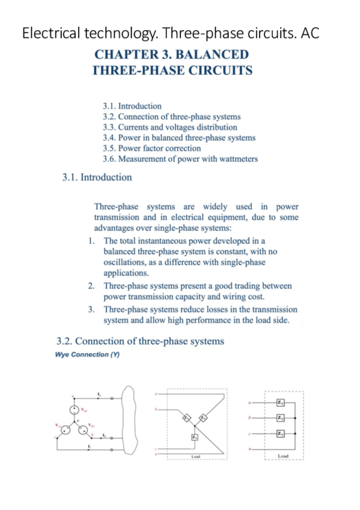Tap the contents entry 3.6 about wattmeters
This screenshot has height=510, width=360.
pyautogui.click(x=180, y=159)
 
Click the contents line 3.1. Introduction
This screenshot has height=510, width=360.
pyautogui.click(x=132, y=106)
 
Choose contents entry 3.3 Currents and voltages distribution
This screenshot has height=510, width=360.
pyautogui.click(x=170, y=127)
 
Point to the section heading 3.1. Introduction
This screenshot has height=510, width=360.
pyautogui.click(x=97, y=177)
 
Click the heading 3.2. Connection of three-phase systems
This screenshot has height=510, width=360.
pyautogui.click(x=140, y=341)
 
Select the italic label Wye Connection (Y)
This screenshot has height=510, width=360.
pyautogui.click(x=87, y=354)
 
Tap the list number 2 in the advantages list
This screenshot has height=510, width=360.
pyautogui.click(x=90, y=286)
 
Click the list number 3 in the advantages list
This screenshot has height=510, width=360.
pyautogui.click(x=90, y=309)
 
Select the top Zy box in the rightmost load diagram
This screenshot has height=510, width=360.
pyautogui.click(x=280, y=402)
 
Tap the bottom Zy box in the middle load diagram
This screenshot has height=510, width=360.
pyautogui.click(x=195, y=437)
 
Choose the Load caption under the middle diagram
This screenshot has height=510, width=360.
pyautogui.click(x=195, y=457)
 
